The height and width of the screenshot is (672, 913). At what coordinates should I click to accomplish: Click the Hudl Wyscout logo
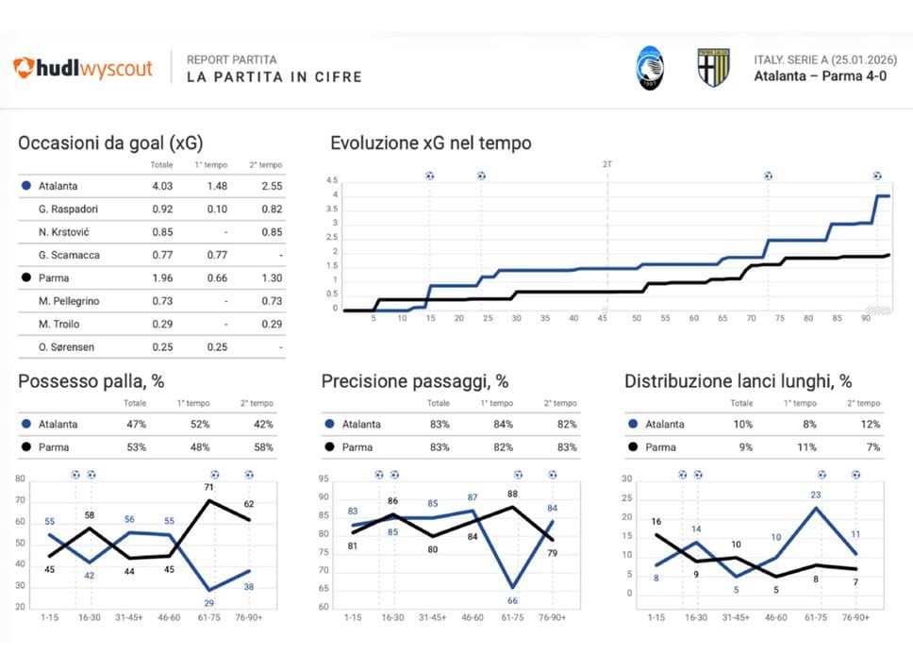(x=82, y=68)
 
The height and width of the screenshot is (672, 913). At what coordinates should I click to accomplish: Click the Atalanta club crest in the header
(x=649, y=68)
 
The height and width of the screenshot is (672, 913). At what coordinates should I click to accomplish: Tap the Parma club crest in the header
(x=712, y=68)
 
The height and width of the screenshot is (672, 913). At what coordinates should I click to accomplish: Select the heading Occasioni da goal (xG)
(x=110, y=143)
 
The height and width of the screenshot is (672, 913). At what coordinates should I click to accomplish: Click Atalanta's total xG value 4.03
(x=162, y=187)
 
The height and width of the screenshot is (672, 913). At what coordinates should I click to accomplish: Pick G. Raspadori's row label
(x=69, y=210)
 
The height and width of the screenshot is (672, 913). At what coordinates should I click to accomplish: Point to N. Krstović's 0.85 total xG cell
(x=162, y=232)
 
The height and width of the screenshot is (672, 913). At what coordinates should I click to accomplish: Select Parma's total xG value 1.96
(x=162, y=278)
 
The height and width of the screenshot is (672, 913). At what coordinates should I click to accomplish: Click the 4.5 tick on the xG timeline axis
(x=331, y=180)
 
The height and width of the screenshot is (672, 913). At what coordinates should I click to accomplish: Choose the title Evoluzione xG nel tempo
(x=430, y=143)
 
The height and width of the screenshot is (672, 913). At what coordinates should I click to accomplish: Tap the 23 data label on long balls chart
(x=817, y=495)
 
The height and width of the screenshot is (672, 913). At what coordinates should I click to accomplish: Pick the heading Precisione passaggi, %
(x=415, y=381)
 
